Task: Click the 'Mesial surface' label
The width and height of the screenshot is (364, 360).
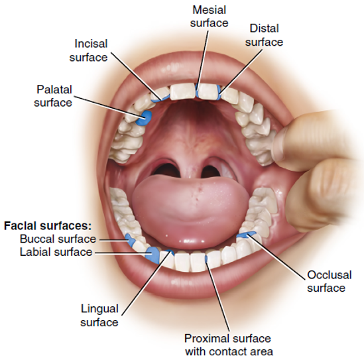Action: [x=209, y=17]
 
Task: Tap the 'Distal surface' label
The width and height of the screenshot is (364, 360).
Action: [x=264, y=35]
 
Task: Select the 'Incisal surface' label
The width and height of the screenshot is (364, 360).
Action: [x=88, y=50]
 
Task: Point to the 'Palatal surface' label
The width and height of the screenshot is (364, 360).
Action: [x=53, y=96]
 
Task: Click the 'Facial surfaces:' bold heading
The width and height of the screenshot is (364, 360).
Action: [x=48, y=226]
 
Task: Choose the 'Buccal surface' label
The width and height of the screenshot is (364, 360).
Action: [x=58, y=239]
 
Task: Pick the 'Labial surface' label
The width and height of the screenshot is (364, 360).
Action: [x=56, y=252]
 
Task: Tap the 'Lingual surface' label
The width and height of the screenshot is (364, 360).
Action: [x=99, y=316]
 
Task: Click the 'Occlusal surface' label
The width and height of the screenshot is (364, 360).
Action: [x=329, y=281]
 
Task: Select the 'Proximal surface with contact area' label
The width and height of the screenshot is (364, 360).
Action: [x=229, y=345]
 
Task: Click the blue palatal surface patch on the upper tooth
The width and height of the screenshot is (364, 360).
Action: [x=144, y=118]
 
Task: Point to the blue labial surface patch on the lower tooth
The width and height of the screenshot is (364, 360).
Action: [x=152, y=255]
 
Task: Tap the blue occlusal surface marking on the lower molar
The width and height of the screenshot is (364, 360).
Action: [x=247, y=235]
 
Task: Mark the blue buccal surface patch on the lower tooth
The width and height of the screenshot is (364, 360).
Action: [x=131, y=240]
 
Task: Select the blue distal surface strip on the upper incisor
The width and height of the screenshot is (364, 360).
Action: [x=219, y=92]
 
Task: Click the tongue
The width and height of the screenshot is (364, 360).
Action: [x=190, y=209]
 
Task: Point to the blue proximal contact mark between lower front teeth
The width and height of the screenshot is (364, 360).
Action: [x=206, y=259]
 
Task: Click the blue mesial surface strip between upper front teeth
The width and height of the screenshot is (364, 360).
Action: [x=197, y=91]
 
